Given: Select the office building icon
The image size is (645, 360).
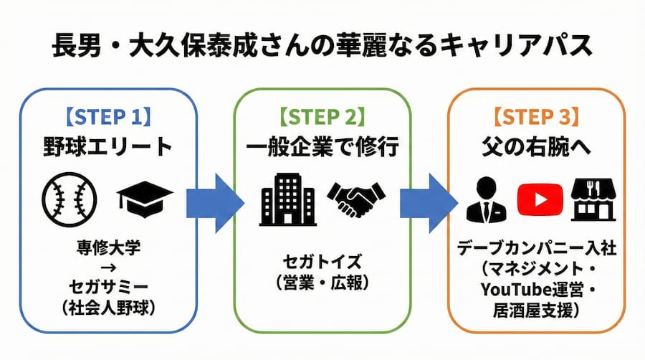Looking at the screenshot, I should click(285, 197).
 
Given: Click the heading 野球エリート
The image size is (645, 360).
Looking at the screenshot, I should click(107, 148).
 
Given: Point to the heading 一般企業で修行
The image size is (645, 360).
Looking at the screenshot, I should click(322, 148).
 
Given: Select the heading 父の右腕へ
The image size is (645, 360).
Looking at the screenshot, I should click(537, 148).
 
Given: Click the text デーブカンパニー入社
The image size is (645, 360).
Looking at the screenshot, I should click(537, 251).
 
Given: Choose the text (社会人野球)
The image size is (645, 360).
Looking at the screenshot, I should click(107, 310).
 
